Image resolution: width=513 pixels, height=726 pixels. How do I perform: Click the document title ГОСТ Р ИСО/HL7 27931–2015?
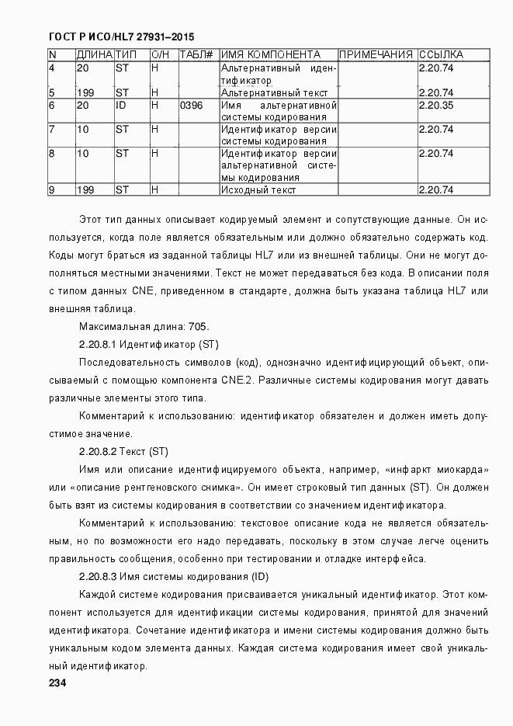tap(121, 36)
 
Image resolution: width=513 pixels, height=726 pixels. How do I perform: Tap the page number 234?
tap(58, 683)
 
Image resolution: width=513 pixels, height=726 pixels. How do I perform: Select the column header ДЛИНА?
tap(94, 55)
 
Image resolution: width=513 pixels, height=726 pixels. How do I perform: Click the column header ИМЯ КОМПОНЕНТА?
tap(270, 55)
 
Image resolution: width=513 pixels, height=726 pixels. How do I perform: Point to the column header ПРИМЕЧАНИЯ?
tap(376, 55)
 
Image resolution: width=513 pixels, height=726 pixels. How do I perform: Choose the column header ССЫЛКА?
tap(441, 55)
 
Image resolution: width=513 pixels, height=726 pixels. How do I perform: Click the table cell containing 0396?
tap(191, 105)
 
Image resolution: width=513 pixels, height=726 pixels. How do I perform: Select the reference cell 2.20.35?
tap(435, 105)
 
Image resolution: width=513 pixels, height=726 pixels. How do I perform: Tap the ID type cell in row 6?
tap(121, 105)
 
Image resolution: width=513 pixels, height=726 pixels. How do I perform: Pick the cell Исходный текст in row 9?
tap(258, 189)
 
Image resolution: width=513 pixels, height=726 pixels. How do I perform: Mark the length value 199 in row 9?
tap(85, 189)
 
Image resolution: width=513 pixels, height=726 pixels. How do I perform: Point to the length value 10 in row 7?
tap(82, 129)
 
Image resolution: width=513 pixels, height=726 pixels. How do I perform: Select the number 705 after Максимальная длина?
tap(198, 326)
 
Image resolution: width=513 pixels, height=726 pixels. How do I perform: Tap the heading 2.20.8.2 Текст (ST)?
tap(123, 452)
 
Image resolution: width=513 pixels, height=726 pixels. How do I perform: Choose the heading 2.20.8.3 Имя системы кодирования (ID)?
tap(173, 577)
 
